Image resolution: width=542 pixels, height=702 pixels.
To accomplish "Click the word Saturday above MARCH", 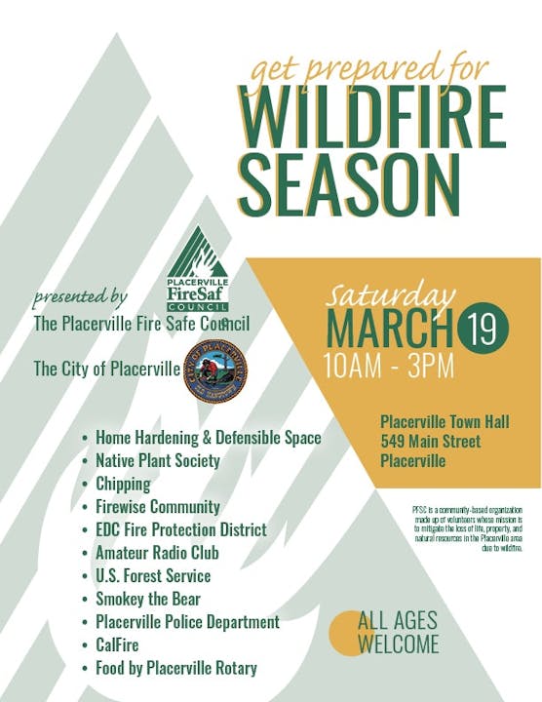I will coord(390,294).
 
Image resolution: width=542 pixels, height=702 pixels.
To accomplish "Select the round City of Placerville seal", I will coord(214,371).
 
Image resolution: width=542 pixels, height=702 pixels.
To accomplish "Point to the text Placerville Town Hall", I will coord(445,422).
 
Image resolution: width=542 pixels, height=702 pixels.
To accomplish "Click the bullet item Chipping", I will coord(123,484).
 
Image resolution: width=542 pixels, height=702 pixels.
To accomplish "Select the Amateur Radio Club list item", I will coord(157,553).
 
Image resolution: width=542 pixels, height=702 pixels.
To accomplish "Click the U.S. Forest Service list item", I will coord(153,575).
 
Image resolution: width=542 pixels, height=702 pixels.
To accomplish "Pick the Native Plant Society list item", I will coord(158,460).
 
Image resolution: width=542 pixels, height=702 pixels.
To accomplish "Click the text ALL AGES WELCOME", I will coord(398,632).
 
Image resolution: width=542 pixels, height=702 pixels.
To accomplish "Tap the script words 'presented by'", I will coord(80,295).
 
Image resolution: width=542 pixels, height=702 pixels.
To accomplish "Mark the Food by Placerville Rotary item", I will coord(175,668).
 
